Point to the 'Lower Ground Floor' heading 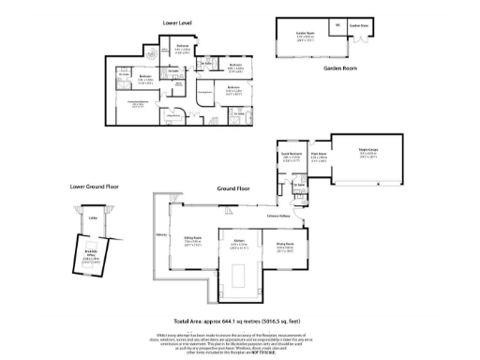pos(93,186)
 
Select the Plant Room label pos(319,156)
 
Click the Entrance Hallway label pos(279,215)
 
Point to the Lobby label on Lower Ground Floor pos(93,219)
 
